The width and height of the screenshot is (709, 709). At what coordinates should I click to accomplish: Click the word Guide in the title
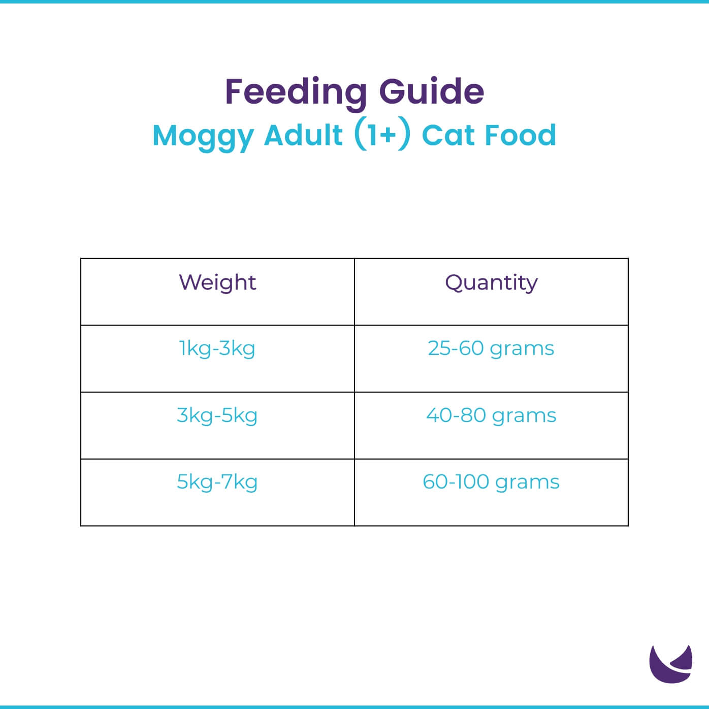coord(431,92)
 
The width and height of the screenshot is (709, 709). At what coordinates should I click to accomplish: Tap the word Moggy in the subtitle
coord(203,136)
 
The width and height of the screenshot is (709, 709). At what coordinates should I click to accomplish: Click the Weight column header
coord(217,283)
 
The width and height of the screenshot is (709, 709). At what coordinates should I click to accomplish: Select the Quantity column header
coord(491,283)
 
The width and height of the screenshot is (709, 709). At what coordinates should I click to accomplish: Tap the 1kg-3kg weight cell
coord(217,349)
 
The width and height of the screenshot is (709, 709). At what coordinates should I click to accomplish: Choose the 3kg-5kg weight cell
coord(217,416)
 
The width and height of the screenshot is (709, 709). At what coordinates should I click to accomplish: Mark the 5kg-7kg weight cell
coord(217,482)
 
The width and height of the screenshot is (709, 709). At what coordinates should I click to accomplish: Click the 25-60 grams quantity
coord(491,349)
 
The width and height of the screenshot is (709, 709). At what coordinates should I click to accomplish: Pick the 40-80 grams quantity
coord(491,416)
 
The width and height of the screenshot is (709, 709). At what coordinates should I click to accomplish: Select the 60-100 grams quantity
coord(491,482)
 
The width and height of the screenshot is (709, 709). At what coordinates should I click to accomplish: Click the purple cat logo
coord(670,664)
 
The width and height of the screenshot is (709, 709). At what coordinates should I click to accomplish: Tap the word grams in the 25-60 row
coord(522,350)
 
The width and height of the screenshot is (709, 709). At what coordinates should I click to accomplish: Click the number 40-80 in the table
coord(456,415)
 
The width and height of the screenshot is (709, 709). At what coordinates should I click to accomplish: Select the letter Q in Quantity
coord(454,282)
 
